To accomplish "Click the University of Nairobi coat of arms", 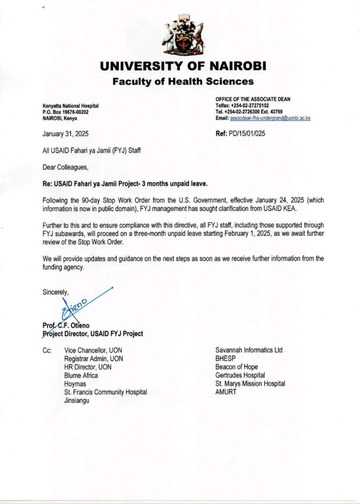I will (183, 34).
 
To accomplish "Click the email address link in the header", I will (270, 118).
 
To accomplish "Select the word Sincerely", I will (55, 292).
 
